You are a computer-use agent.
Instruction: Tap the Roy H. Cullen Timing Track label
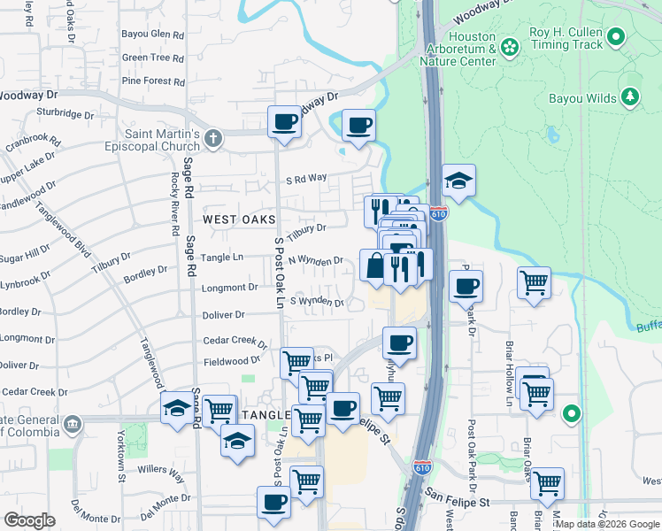click(566, 38)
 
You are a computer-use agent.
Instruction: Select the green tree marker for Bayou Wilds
click(630, 96)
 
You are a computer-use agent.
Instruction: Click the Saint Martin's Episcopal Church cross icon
click(212, 138)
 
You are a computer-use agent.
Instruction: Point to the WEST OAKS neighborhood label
click(239, 219)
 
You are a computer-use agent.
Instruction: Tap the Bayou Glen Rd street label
click(153, 35)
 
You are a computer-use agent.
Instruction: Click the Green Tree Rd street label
click(153, 58)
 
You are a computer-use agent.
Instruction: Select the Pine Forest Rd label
click(153, 81)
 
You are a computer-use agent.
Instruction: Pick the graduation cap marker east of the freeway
click(458, 181)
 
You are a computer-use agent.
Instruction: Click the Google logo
click(29, 520)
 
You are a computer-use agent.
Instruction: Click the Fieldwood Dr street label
click(232, 361)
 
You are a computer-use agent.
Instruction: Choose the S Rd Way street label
click(305, 180)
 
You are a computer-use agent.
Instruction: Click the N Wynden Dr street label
click(316, 261)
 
